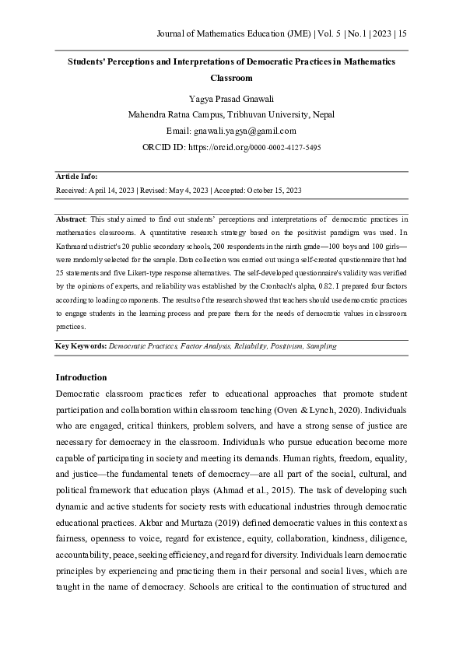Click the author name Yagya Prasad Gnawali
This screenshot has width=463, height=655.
point(231,98)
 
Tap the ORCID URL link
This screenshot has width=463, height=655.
point(254,147)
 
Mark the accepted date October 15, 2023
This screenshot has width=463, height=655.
point(274,190)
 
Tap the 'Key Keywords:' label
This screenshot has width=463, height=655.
point(81,345)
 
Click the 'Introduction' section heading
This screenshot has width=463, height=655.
point(81,377)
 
